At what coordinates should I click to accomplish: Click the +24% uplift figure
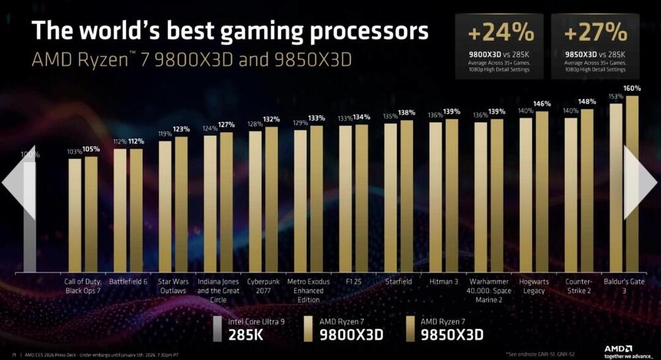492,31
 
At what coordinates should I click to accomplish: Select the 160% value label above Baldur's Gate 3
633,89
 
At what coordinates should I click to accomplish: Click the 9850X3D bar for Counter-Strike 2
586,192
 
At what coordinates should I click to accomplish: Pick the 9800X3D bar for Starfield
391,198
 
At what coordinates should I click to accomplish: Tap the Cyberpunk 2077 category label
263,285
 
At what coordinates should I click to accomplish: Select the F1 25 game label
353,281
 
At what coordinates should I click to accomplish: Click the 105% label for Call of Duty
91,149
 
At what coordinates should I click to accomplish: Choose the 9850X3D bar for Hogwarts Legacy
542,192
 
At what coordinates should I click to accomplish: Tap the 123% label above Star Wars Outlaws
181,129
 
